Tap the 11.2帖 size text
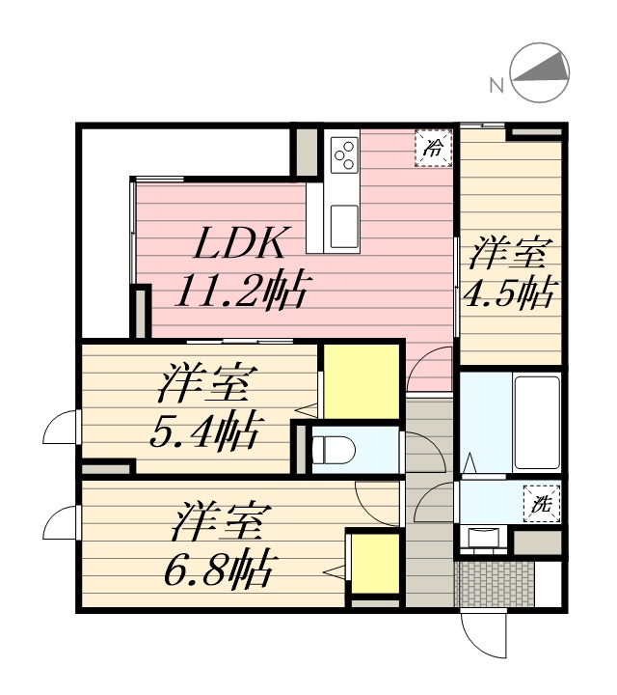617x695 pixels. pos(240,290)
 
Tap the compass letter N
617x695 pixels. pos(497,85)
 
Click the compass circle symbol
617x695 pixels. pos(540,73)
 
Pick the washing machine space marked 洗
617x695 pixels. pos(542,502)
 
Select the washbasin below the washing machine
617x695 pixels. pos(482,538)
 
